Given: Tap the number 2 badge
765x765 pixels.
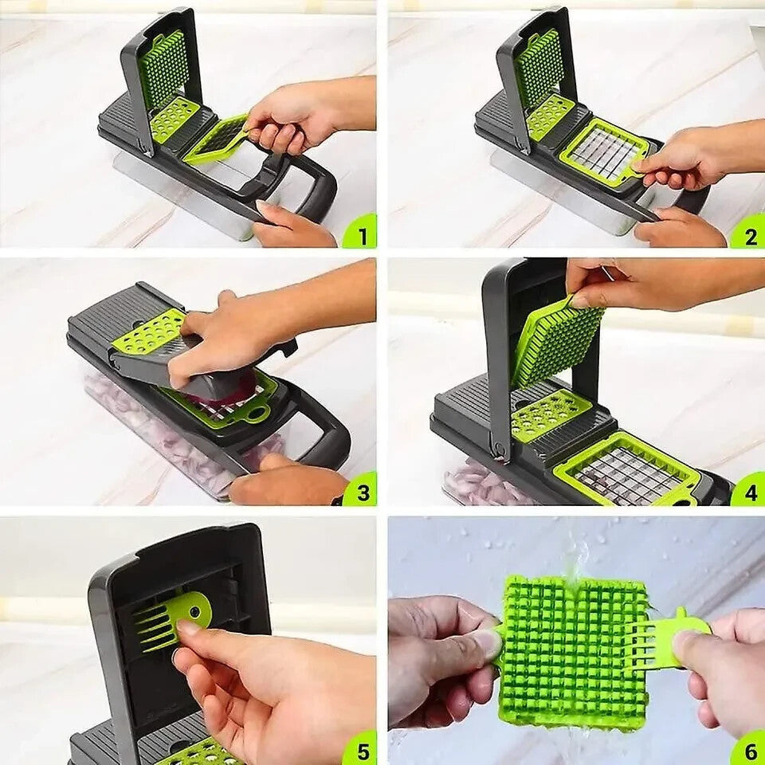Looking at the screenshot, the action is pos(749,234).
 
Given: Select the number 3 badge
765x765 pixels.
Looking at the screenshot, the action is pos(360,490).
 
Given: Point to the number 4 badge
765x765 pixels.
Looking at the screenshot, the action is pos(749,491).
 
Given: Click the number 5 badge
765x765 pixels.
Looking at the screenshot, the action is pos(360,748).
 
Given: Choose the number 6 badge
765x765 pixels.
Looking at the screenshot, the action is pos(749,748).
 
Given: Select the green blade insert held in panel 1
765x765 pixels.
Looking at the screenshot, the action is pos(217,139).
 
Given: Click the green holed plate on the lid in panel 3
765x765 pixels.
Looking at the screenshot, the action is pos(149,331).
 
